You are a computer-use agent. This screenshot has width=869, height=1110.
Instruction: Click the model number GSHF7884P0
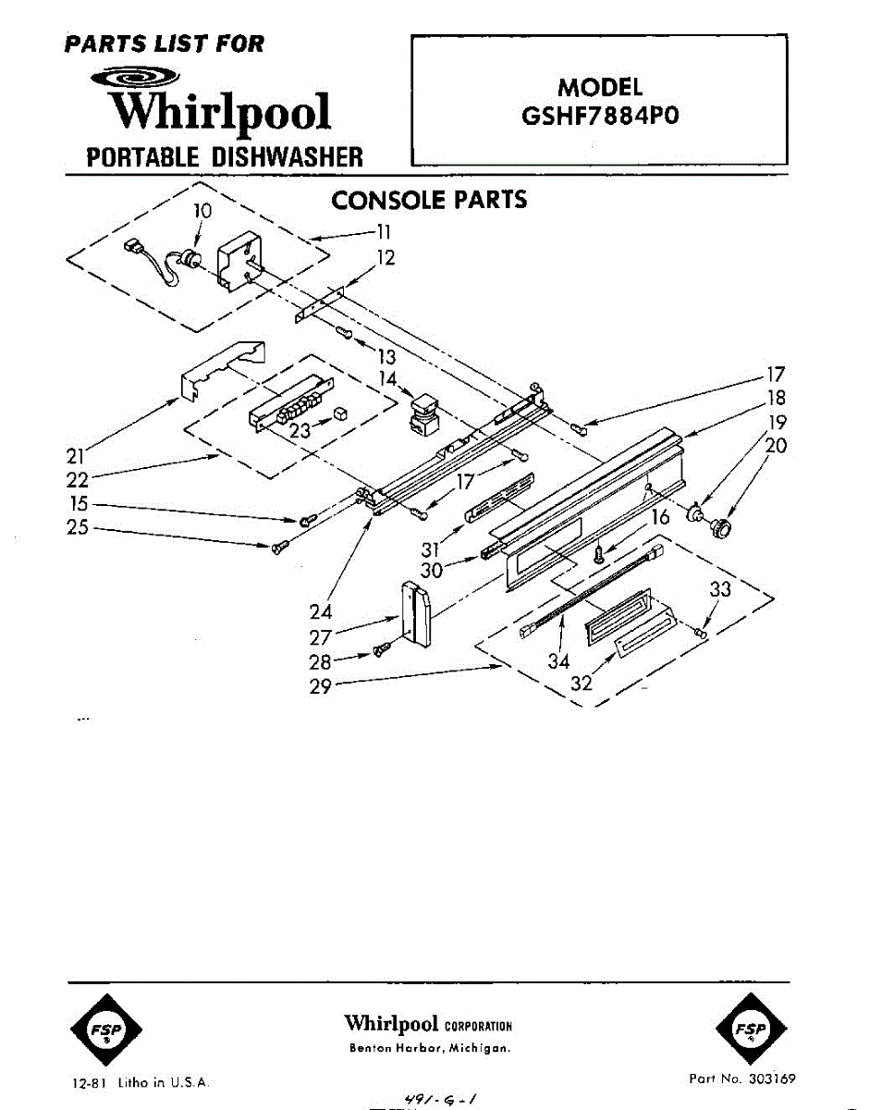coord(600,118)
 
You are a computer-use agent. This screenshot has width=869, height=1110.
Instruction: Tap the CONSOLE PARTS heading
coord(429,200)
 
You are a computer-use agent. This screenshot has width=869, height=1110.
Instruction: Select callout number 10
coord(202,211)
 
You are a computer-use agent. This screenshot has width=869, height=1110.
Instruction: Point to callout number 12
coord(386,258)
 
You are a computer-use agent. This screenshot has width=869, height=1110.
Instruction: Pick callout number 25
coord(78,529)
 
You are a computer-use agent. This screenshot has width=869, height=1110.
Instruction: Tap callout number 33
coord(720,589)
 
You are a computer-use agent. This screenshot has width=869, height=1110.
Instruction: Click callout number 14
coord(388,378)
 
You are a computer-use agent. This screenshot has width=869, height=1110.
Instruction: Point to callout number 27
coord(321,636)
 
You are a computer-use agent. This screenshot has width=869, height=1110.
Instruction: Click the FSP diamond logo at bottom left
coord(105,1029)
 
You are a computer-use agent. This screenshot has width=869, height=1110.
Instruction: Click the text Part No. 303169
coord(741,1079)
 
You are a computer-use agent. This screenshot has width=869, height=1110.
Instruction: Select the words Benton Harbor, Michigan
coord(429,1048)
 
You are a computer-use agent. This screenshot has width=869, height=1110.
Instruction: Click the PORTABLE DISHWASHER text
coord(225,156)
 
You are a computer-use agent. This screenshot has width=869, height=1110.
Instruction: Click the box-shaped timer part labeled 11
coord(240,267)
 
